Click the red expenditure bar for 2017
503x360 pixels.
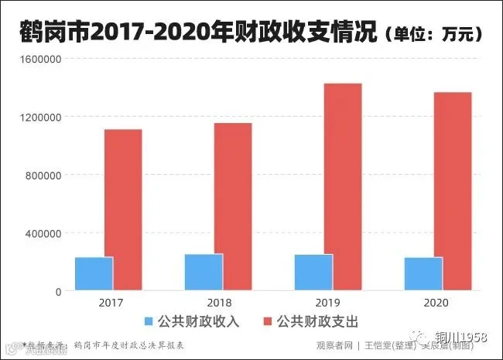click(123, 209)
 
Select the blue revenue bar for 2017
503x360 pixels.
click(94, 273)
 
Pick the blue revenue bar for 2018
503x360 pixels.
click(204, 272)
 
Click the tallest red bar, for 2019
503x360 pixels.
click(343, 187)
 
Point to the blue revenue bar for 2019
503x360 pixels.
click(313, 272)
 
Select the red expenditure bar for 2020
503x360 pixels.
click(453, 191)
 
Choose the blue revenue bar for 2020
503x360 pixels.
click(423, 273)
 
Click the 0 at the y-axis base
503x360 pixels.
click(57, 291)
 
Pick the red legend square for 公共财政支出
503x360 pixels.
click(270, 321)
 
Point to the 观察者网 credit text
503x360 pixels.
click(334, 345)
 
